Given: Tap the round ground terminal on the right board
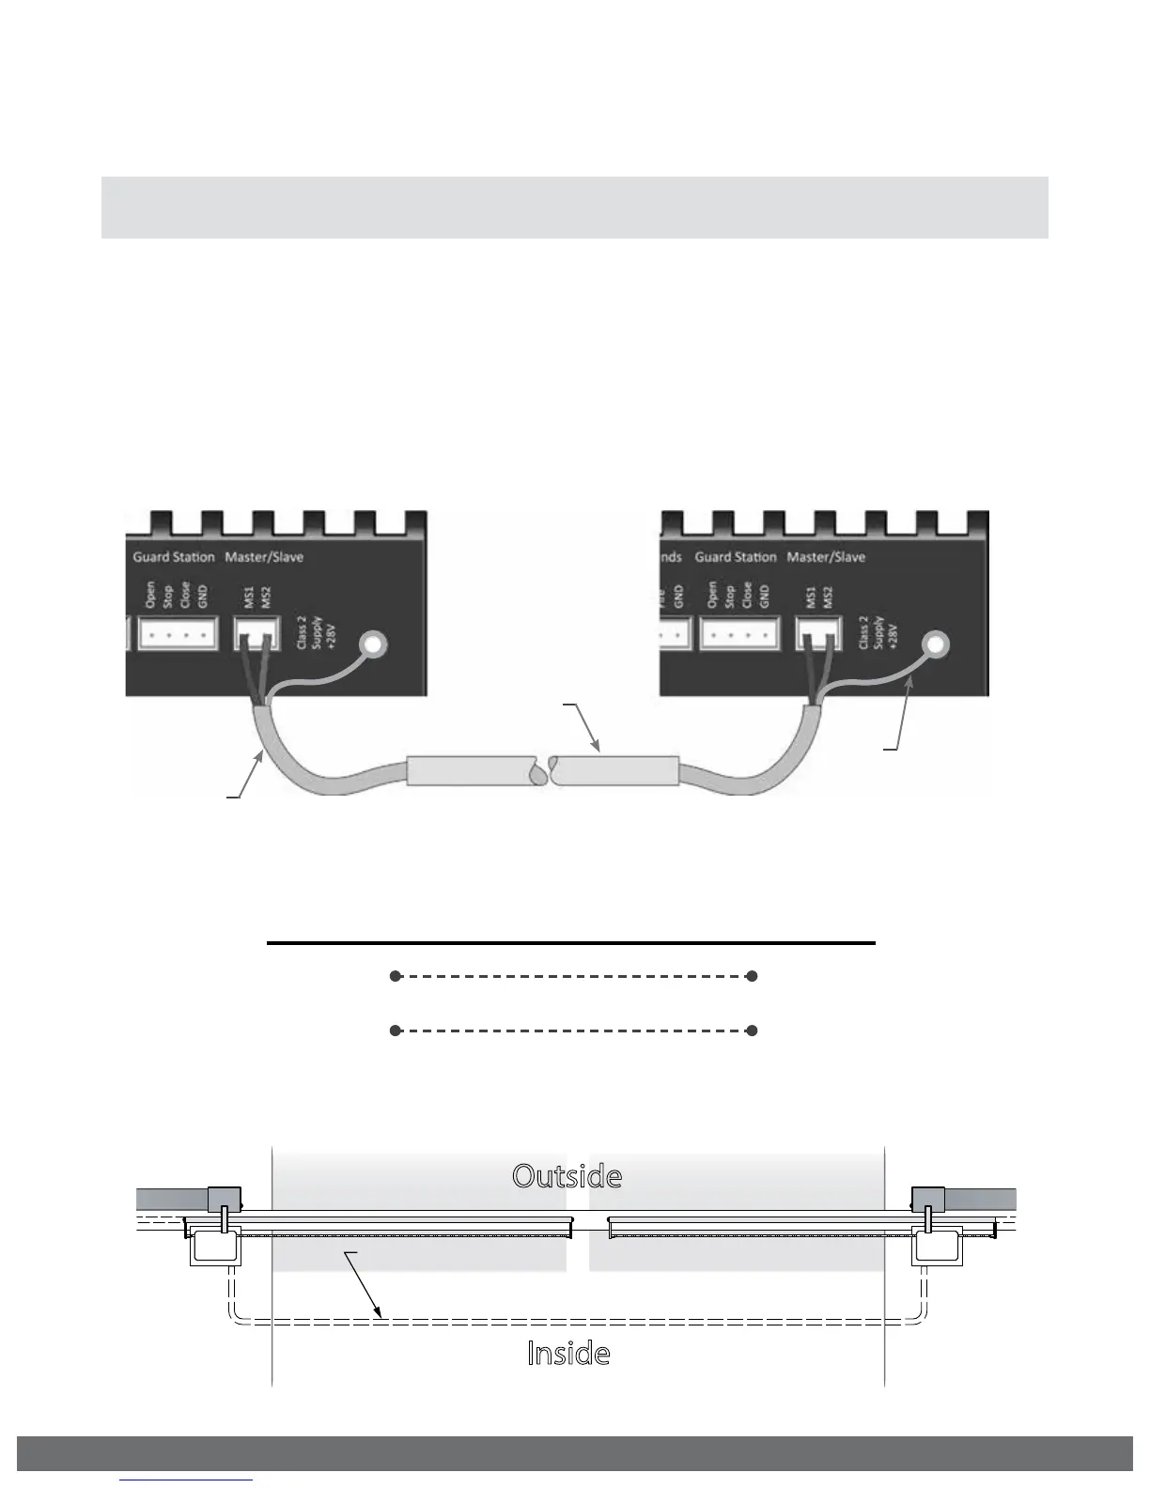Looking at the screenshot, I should (936, 644).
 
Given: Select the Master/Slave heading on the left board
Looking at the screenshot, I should (264, 557).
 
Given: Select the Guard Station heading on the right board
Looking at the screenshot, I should (736, 557).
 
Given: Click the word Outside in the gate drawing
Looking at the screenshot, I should (567, 1176).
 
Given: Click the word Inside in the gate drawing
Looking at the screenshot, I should (568, 1354).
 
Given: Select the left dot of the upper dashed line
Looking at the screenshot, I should (396, 977).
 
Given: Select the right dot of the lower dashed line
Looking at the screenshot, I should (752, 1031).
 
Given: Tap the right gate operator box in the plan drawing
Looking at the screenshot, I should (936, 1246).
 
